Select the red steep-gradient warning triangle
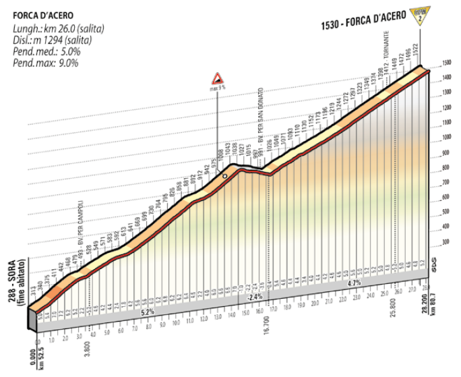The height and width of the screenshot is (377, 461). click(x=217, y=78)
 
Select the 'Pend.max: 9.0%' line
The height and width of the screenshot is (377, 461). click(x=46, y=63)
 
